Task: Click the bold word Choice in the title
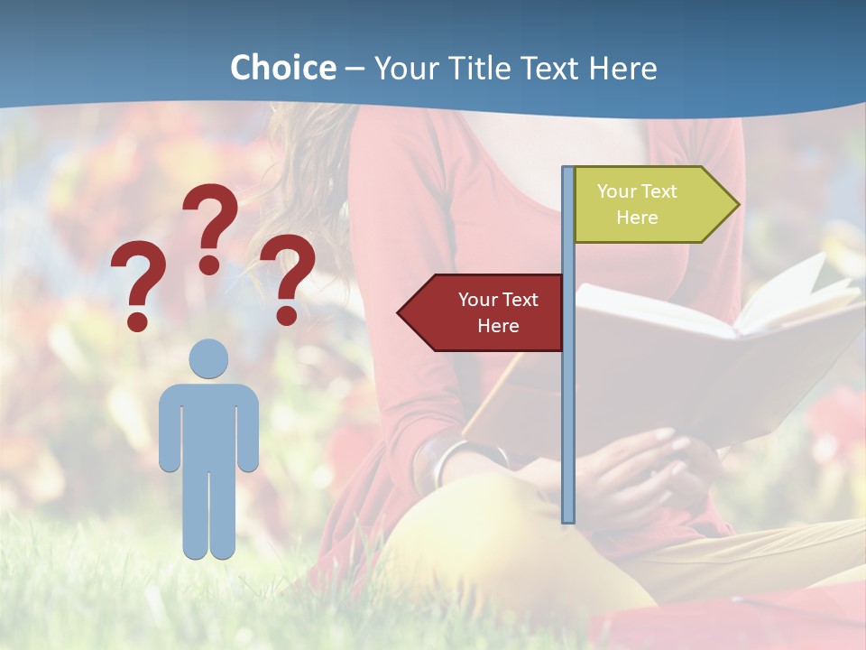pos(282,68)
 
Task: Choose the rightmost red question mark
pos(288,278)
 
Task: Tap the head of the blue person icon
pos(208,358)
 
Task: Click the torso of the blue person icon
pos(208,424)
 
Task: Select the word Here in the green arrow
pos(637,218)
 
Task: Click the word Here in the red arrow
pos(498,326)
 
